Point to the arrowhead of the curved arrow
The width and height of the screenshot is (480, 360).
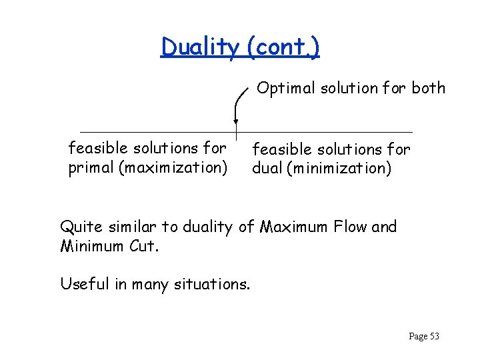point(235,121)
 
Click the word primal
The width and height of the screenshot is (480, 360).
point(91,167)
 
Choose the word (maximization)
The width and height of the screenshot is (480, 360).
point(173,167)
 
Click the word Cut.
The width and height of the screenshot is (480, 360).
point(144,246)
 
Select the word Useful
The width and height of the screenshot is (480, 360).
point(83,284)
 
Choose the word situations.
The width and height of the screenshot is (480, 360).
point(213,285)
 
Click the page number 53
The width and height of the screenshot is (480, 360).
point(434,336)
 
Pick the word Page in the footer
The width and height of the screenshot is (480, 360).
point(417,337)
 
